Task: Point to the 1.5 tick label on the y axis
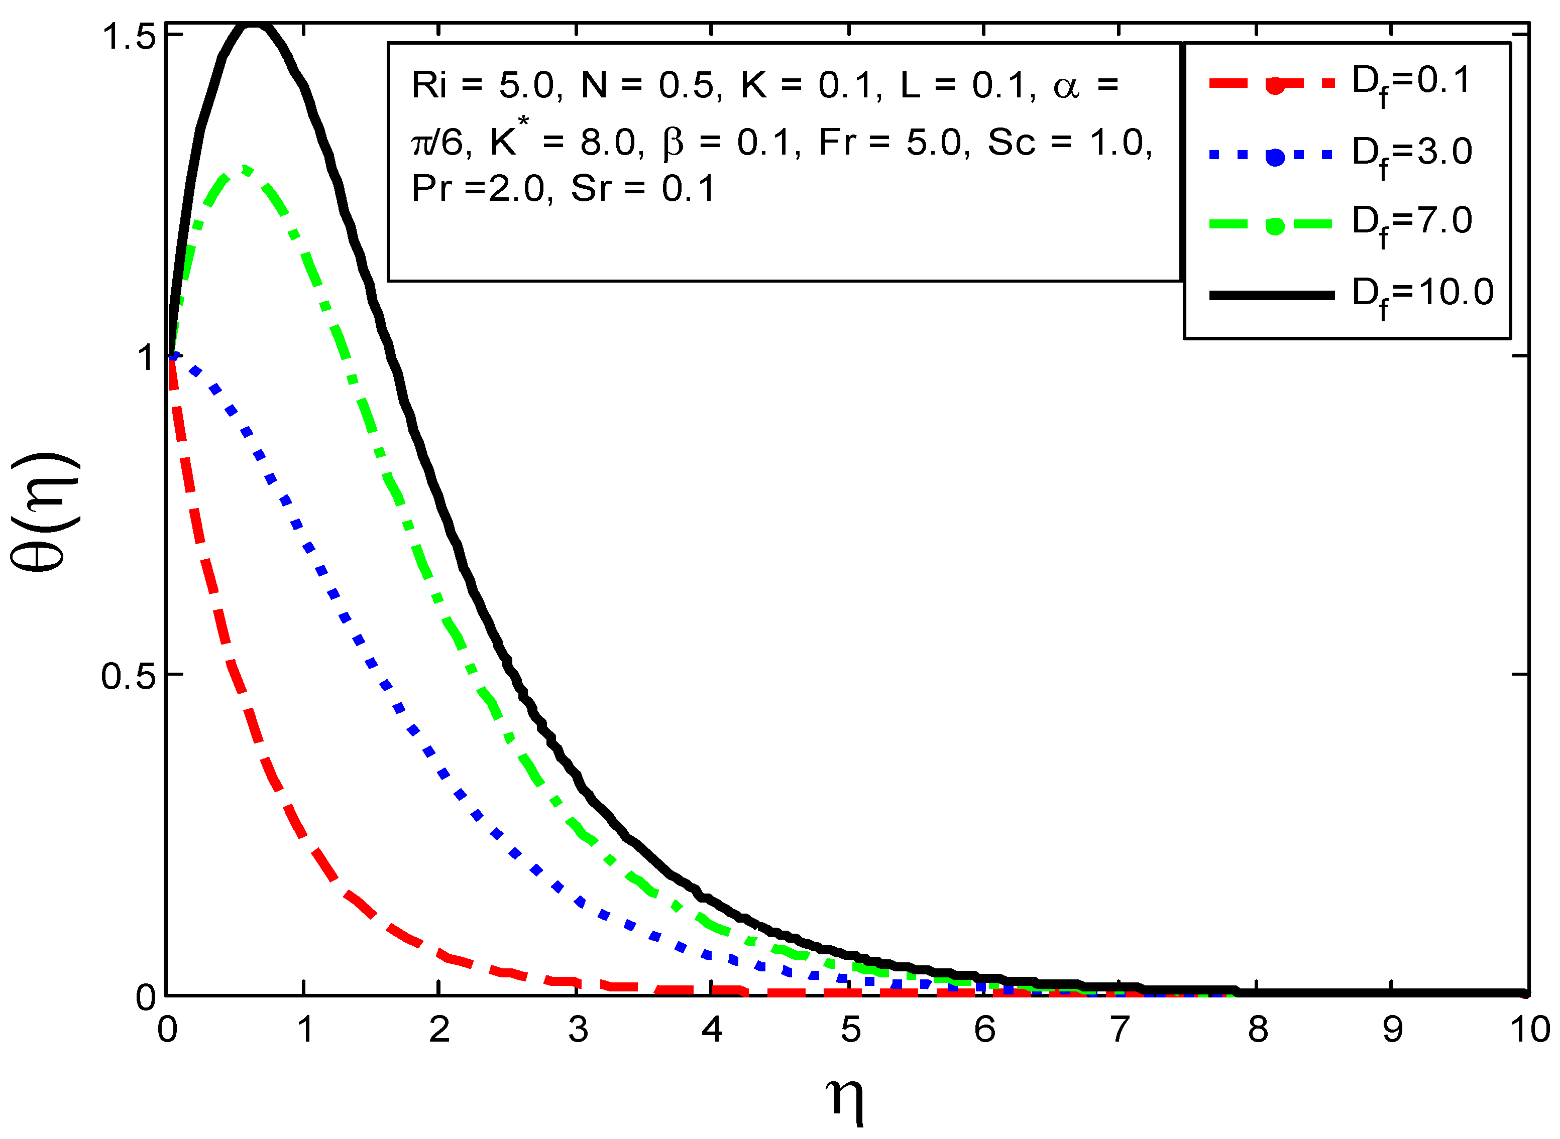coord(129,37)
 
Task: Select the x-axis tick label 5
coord(850,1030)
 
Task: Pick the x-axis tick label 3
coord(578,1030)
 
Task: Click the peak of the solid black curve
coord(254,26)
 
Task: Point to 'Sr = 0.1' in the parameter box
coord(643,188)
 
